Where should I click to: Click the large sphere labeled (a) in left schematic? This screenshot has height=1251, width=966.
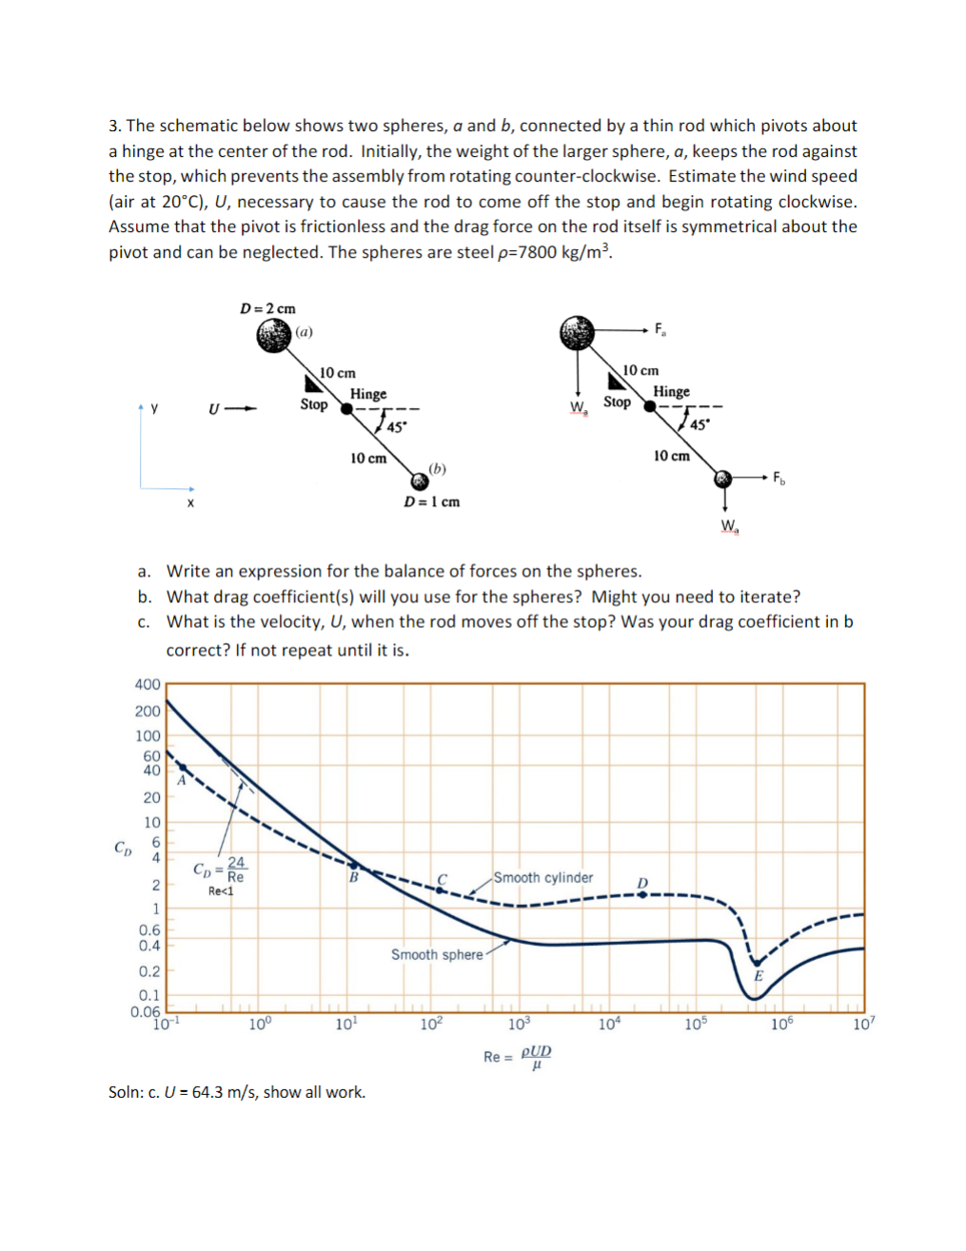click(x=274, y=335)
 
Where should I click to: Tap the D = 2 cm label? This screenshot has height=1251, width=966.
click(x=267, y=308)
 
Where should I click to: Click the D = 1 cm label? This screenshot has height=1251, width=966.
click(x=431, y=501)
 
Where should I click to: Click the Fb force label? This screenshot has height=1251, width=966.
click(x=779, y=477)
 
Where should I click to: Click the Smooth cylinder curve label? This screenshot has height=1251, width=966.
click(x=542, y=877)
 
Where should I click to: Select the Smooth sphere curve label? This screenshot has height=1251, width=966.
click(x=437, y=954)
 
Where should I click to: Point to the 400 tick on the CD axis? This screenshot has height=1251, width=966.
click(x=148, y=684)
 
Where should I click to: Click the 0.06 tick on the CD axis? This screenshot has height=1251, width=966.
click(x=146, y=1011)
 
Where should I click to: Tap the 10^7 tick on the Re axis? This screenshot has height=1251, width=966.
click(x=862, y=1024)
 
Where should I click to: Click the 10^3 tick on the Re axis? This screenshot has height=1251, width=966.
click(x=519, y=1024)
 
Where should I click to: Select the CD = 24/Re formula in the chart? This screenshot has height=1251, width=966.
click(x=220, y=869)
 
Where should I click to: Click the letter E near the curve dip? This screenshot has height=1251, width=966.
click(x=759, y=975)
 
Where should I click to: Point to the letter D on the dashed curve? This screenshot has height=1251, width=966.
click(x=642, y=883)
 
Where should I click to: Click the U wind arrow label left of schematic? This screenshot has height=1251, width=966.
click(x=215, y=409)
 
